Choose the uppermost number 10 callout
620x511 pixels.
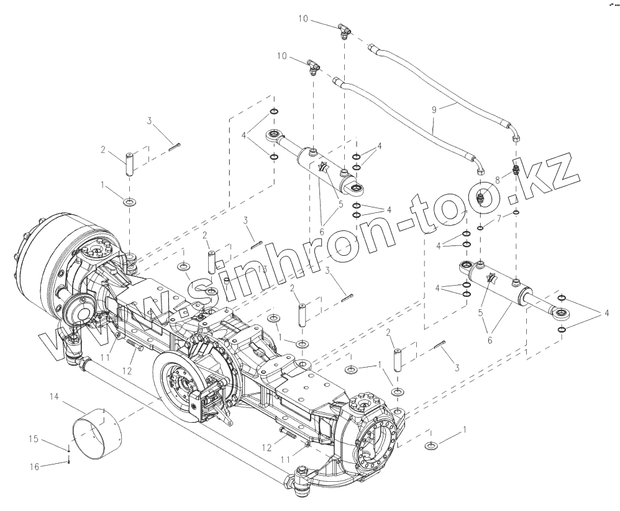tap(303, 20)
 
